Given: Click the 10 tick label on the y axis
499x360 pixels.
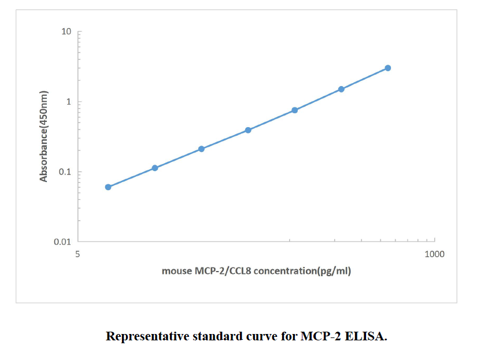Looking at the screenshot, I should tap(67, 32).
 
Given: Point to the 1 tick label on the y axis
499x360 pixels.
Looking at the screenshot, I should tap(69, 102).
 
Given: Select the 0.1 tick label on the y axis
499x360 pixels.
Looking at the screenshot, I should tap(65, 172).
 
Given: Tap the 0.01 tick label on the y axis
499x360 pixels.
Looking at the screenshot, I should tap(62, 242).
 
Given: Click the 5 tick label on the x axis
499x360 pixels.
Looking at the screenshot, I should tap(79, 254).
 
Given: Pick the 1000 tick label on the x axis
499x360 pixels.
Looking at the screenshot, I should tap(434, 254).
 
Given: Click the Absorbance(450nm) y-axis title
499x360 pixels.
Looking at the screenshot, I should tap(44, 136).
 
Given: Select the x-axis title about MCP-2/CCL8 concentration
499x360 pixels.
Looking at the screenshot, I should tap(256, 270).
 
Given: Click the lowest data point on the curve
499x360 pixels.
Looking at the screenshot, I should tap(108, 187).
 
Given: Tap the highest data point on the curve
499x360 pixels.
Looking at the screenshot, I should tap(388, 68).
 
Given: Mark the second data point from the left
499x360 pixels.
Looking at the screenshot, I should tap(155, 168).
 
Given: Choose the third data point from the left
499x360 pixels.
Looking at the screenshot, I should tap(201, 149).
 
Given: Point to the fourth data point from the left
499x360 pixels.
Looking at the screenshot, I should tap(248, 130).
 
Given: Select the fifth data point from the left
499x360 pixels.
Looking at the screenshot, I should tap(294, 110).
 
